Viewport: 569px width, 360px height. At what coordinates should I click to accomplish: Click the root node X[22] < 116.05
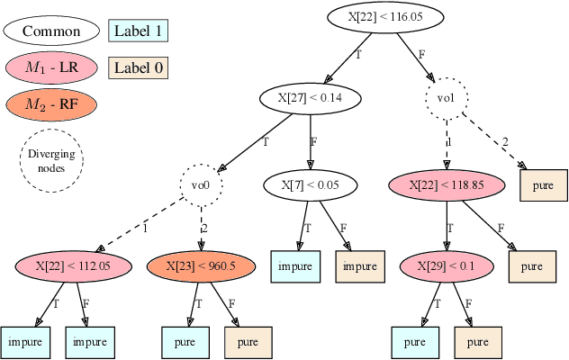(385, 16)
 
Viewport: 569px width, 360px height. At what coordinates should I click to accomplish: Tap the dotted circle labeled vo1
(447, 97)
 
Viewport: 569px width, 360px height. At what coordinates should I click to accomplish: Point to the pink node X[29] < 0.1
(447, 265)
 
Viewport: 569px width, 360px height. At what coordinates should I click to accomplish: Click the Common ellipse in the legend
(50, 31)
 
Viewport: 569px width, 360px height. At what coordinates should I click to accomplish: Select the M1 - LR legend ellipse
(50, 67)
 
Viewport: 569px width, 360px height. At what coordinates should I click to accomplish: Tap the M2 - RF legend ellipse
(50, 103)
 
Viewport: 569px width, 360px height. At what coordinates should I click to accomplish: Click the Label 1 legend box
(138, 31)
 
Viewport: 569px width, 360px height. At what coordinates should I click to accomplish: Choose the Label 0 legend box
(138, 67)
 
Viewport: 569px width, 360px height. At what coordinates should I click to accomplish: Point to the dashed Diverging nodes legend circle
(51, 159)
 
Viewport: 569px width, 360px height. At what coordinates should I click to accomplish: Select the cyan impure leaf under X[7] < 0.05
(296, 266)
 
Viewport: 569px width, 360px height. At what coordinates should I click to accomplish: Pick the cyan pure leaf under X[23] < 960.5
(186, 342)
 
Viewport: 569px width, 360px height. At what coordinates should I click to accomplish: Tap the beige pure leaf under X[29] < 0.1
(478, 342)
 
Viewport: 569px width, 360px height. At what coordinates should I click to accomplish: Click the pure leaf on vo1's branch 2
(544, 185)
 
